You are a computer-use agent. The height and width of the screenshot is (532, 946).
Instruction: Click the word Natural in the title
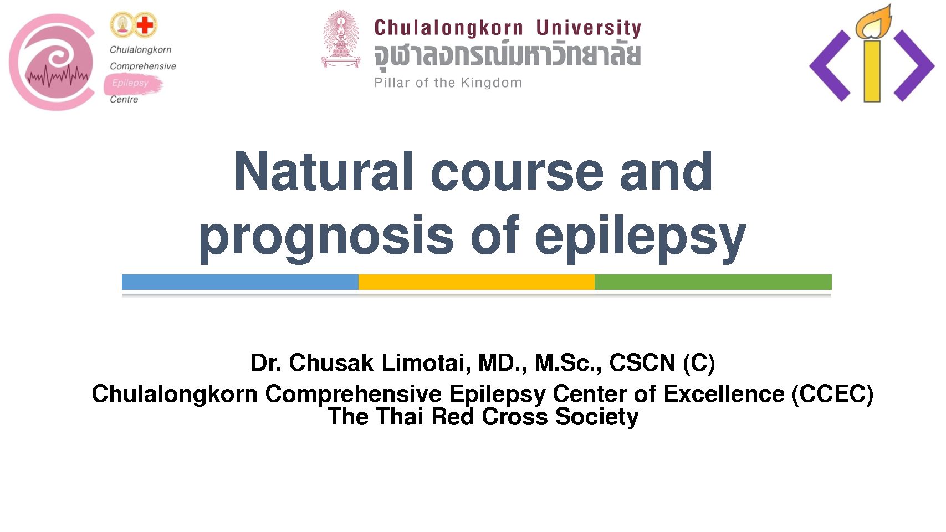pyautogui.click(x=323, y=171)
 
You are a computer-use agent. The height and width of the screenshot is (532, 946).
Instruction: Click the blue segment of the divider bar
pyautogui.click(x=241, y=282)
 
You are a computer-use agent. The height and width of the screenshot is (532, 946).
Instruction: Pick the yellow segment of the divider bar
pyautogui.click(x=477, y=282)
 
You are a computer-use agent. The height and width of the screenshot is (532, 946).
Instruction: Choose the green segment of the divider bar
pyautogui.click(x=713, y=282)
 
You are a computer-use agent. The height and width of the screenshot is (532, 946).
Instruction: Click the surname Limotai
pyautogui.click(x=426, y=362)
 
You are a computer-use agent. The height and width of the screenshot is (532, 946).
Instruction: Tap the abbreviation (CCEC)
pyautogui.click(x=832, y=395)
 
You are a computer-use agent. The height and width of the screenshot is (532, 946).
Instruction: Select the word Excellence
pyautogui.click(x=724, y=394)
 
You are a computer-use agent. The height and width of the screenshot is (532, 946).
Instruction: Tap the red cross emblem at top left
pyautogui.click(x=145, y=25)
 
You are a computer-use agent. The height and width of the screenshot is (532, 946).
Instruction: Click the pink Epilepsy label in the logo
pyautogui.click(x=130, y=83)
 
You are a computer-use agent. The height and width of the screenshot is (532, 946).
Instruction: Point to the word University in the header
pyautogui.click(x=589, y=28)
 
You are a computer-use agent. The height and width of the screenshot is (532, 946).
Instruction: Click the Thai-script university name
pyautogui.click(x=507, y=54)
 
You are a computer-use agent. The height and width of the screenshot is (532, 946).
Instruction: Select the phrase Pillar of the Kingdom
pyautogui.click(x=448, y=83)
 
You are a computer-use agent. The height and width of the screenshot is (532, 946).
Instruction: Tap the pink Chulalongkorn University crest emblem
pyautogui.click(x=341, y=39)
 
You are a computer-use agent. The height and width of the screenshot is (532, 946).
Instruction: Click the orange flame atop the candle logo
pyautogui.click(x=873, y=23)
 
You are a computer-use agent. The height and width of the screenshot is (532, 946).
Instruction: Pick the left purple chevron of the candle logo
pyautogui.click(x=830, y=66)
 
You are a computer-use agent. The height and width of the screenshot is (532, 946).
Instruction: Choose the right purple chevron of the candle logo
pyautogui.click(x=914, y=66)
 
